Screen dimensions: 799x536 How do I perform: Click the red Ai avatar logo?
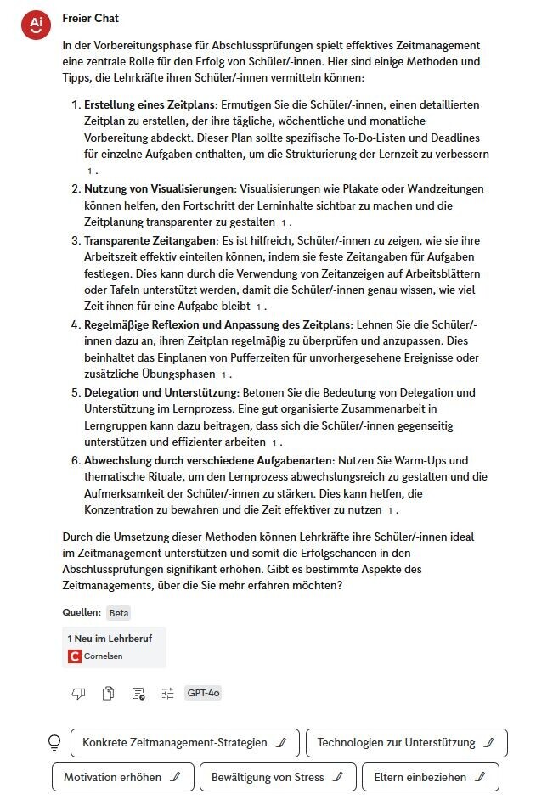pyautogui.click(x=36, y=25)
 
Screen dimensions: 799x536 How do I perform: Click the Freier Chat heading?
pyautogui.click(x=91, y=18)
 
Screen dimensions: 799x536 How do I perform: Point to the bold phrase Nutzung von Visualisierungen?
pyautogui.click(x=159, y=188)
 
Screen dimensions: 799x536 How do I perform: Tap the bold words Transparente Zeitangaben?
pyautogui.click(x=150, y=241)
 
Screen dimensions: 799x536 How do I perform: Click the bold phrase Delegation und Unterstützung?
pyautogui.click(x=160, y=392)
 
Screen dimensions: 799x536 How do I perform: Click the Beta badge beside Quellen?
pyautogui.click(x=119, y=613)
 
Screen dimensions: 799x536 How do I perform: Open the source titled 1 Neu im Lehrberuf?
pyautogui.click(x=110, y=639)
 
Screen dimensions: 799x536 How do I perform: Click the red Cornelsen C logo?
pyautogui.click(x=75, y=656)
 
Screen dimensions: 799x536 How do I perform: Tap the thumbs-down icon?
pyautogui.click(x=78, y=693)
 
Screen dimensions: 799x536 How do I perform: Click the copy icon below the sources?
pyautogui.click(x=108, y=693)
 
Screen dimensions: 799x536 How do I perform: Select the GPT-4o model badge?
pyautogui.click(x=204, y=693)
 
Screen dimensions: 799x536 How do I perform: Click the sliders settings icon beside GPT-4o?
pyautogui.click(x=167, y=693)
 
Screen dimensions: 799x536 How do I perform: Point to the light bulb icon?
pyautogui.click(x=54, y=743)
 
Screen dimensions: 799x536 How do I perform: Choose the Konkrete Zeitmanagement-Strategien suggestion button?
pyautogui.click(x=184, y=743)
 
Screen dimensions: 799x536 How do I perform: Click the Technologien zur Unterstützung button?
pyautogui.click(x=406, y=743)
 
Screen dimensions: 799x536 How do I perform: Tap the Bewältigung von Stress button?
pyautogui.click(x=277, y=776)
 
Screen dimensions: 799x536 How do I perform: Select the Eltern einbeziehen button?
pyautogui.click(x=430, y=776)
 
